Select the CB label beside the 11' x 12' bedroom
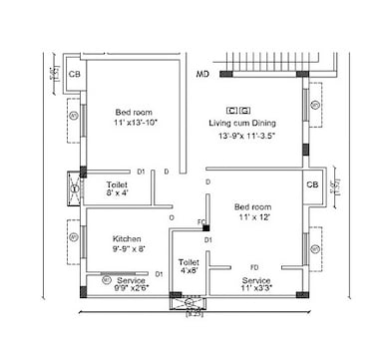(312, 185)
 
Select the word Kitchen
(127, 240)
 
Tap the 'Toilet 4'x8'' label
(187, 265)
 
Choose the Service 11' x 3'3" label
(256, 287)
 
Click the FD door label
(254, 267)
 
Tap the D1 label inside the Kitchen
(160, 272)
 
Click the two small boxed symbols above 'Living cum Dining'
(238, 109)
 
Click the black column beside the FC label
(206, 228)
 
